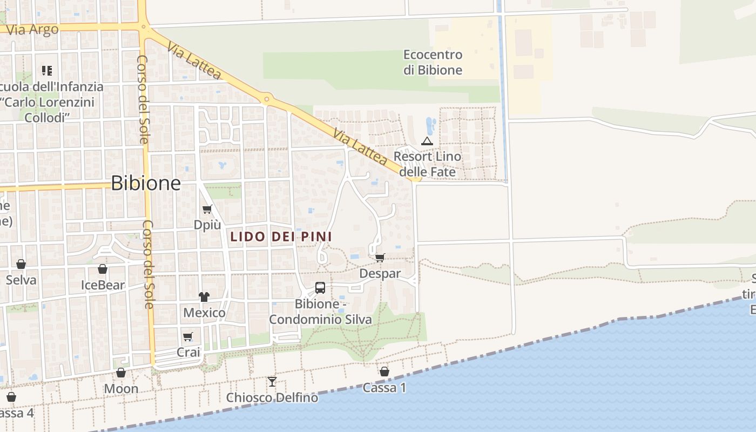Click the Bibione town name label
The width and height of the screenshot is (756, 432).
[146, 184]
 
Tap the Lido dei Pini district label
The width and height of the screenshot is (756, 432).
[281, 237]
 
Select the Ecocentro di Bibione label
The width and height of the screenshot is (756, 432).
[433, 62]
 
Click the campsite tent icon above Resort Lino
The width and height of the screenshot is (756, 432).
[427, 141]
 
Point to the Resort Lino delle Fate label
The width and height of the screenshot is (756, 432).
[428, 164]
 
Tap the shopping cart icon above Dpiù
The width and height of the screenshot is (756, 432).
[207, 209]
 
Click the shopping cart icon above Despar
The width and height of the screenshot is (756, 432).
[380, 258]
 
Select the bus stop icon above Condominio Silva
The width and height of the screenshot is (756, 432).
[320, 287]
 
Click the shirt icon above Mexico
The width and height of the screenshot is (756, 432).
[204, 296]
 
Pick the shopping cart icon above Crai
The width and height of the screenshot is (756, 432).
[188, 336]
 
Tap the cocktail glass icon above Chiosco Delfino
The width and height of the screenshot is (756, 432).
[272, 382]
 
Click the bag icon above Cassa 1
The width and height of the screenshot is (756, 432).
[384, 372]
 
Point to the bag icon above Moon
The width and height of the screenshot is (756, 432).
[121, 373]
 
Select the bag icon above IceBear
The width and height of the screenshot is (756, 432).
[103, 269]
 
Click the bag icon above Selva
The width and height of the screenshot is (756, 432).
[21, 264]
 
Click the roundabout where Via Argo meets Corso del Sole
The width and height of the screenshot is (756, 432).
[144, 25]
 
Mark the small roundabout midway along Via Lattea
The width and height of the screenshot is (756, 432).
[266, 99]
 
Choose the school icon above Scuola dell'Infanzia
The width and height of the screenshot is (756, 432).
[47, 71]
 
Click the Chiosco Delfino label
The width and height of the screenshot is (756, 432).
[272, 398]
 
